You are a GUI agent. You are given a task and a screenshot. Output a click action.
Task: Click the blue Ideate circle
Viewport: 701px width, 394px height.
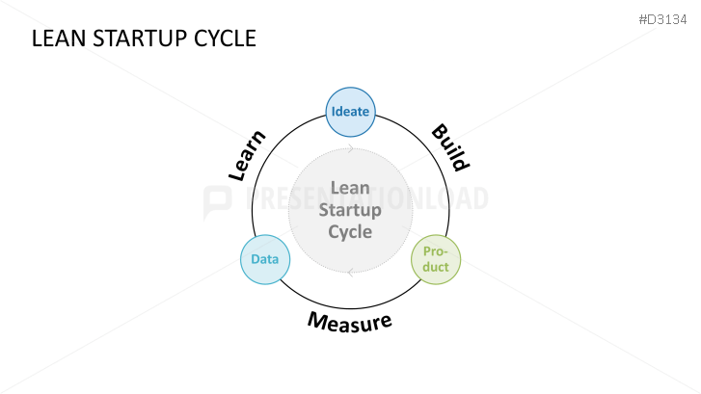349,112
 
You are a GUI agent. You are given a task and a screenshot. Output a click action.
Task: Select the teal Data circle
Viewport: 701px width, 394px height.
264,259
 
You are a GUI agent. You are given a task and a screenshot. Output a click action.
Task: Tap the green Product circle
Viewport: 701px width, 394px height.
436,259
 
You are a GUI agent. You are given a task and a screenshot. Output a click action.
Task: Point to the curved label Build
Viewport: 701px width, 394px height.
449,147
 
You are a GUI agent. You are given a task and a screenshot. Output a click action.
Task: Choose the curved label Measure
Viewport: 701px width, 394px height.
350,320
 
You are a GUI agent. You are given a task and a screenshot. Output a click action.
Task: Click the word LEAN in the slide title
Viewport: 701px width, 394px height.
55,39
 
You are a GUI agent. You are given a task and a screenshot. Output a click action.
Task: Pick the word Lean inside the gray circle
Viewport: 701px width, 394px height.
350,188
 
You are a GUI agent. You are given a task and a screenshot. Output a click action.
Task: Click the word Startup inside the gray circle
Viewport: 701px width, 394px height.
350,209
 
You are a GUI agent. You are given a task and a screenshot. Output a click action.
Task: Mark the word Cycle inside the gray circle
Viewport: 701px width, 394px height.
350,231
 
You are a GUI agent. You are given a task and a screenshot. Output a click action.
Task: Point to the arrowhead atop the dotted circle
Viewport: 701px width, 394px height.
351,149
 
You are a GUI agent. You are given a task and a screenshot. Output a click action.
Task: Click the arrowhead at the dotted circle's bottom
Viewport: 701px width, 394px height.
350,272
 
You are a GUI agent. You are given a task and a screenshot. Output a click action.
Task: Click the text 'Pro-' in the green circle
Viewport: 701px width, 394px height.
436,251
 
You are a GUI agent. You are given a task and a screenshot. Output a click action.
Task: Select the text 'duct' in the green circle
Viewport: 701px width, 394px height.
436,267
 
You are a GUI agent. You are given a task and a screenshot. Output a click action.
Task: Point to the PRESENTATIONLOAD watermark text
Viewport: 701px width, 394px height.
366,199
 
